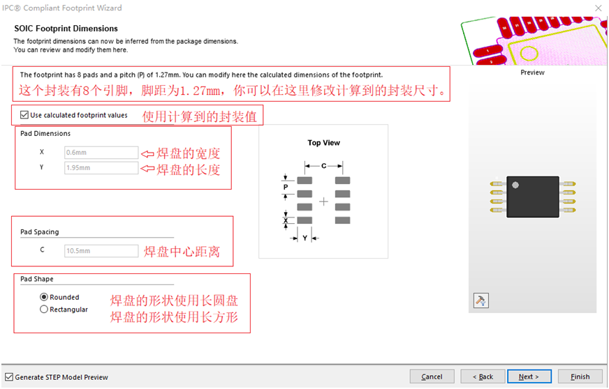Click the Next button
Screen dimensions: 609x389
(529, 376)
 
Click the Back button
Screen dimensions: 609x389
(483, 376)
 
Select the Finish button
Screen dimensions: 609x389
(580, 376)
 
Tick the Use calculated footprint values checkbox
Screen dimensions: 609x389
(24, 115)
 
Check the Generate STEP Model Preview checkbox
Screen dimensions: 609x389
(9, 376)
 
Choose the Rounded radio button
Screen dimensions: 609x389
(44, 297)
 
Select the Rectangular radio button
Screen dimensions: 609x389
(44, 309)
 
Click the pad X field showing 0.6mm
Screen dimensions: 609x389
(101, 153)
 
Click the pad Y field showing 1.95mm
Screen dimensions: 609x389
(101, 167)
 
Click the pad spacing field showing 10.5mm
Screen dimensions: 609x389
(101, 250)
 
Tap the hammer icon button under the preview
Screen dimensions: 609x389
(480, 300)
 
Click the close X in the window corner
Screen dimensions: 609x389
(599, 8)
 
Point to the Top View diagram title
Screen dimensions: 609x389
(323, 143)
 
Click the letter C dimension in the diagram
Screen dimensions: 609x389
(323, 166)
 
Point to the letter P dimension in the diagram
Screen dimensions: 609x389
(286, 187)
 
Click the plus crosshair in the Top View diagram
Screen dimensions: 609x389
(323, 201)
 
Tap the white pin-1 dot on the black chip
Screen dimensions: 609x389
(515, 185)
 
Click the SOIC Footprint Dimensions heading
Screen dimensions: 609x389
(66, 29)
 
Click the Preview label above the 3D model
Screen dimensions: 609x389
(532, 72)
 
